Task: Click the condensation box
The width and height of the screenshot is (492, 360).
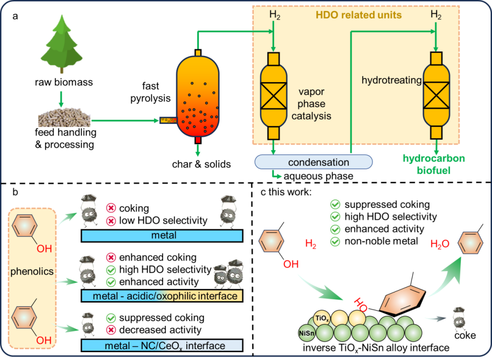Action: click(x=313, y=162)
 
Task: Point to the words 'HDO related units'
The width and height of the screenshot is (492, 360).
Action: click(x=359, y=15)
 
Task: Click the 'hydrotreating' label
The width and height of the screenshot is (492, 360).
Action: click(x=391, y=80)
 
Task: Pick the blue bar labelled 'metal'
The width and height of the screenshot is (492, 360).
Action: click(x=162, y=236)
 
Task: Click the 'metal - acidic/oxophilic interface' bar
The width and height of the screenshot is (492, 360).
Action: click(x=162, y=296)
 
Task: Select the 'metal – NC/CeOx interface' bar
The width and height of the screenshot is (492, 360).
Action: click(x=162, y=346)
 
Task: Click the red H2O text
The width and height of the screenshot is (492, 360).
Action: click(x=440, y=244)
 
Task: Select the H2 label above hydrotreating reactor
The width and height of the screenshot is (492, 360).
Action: click(x=436, y=15)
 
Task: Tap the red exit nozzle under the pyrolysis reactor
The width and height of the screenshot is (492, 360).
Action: click(x=198, y=140)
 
